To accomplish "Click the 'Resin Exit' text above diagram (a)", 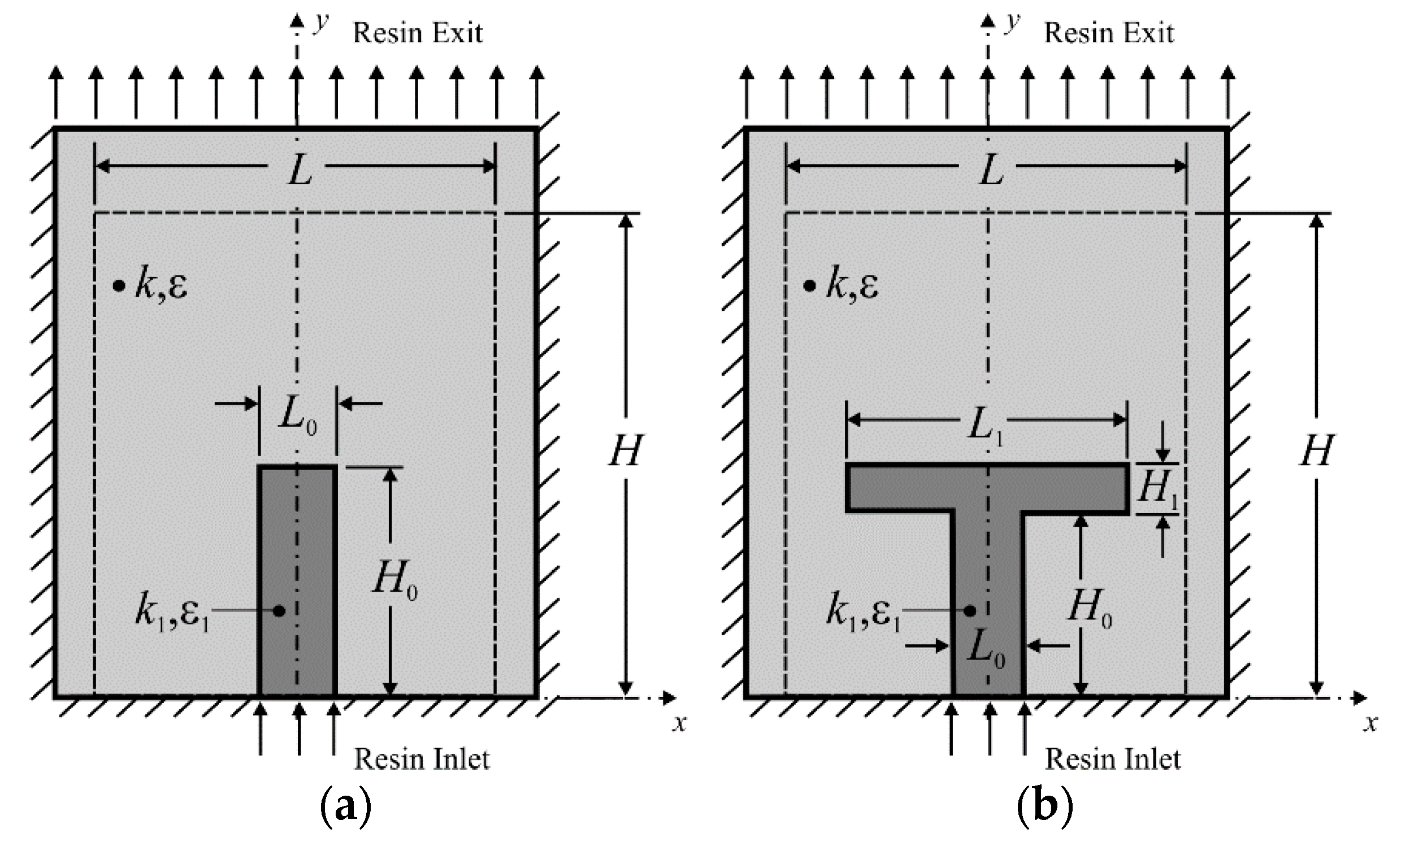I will pos(417,33).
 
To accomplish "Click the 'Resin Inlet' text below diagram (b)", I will pos(1113,759).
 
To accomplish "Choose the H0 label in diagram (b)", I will pos(1090,608).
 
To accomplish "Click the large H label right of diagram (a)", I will pos(626,451).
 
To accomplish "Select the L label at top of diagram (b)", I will pos(990,171).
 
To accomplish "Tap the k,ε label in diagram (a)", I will pos(161,285).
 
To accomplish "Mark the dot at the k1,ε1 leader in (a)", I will pos(279,611).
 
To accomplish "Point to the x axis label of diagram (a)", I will pos(679,723).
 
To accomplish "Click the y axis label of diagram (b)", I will pos(1012,23).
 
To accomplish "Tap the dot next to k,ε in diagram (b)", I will pos(809,285).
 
